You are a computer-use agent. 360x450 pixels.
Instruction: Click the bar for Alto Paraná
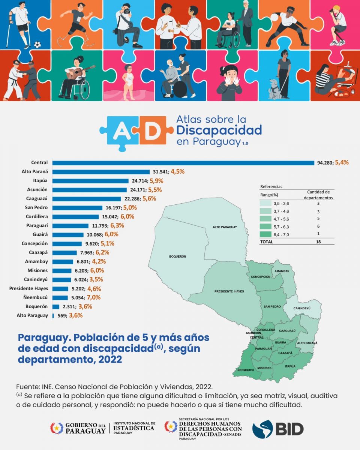[x=101, y=172]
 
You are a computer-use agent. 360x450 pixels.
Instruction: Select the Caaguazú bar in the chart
[x=86, y=199]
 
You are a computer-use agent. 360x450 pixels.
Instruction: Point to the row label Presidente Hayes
[x=28, y=289]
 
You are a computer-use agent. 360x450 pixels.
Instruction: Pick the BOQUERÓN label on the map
[x=177, y=256]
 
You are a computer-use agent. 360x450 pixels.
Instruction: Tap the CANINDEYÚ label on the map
[x=302, y=308]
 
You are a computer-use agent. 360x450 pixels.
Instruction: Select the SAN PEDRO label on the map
[x=272, y=306]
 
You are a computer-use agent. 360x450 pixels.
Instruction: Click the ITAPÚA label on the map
[x=291, y=366]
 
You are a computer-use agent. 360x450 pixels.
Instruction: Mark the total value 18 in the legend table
[x=318, y=242]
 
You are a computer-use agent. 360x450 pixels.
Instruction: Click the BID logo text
[x=289, y=429]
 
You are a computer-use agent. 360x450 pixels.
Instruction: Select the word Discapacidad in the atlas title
[x=219, y=130]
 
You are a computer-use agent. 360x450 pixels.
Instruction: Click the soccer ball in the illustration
[x=37, y=45]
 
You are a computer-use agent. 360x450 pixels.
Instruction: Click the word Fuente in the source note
[x=28, y=387]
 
